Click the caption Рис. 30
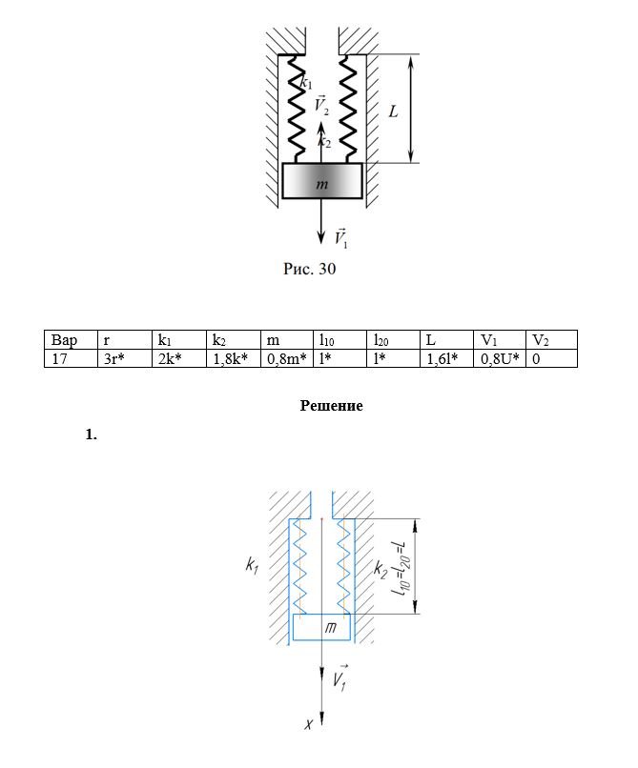[310, 270]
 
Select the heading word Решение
[332, 406]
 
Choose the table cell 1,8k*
[231, 358]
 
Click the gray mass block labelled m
[322, 181]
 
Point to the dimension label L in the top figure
[393, 111]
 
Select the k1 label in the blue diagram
[252, 566]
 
